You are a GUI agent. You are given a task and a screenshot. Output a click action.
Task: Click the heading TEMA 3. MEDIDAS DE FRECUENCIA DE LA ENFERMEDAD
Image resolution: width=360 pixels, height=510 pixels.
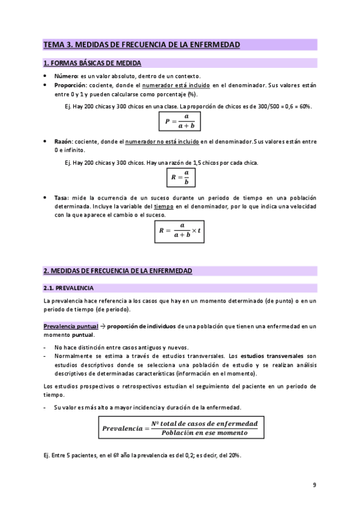coord(142,45)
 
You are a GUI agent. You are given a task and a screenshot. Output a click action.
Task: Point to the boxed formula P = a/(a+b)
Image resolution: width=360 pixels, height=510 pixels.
coord(180,121)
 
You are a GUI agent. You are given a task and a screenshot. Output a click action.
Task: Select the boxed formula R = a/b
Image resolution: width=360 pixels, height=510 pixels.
coord(180,177)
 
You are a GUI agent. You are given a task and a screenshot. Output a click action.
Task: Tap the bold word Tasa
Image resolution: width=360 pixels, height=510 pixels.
coord(61,198)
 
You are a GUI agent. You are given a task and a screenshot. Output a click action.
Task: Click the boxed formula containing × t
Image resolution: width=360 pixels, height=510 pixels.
coord(180,230)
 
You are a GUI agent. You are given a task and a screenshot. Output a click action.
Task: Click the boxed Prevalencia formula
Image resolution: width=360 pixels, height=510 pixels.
coord(180,428)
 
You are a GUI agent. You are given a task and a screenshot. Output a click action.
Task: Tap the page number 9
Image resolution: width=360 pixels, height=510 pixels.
coord(314,485)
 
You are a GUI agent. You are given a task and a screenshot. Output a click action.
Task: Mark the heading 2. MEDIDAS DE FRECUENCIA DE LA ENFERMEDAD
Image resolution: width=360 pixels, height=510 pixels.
coord(118,271)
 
